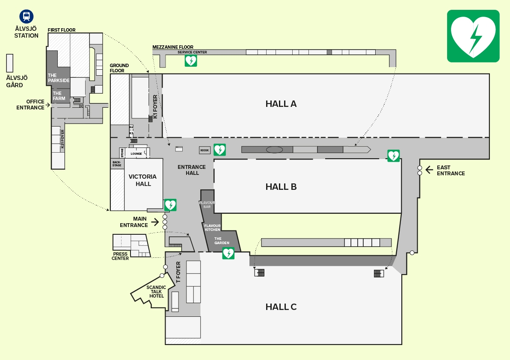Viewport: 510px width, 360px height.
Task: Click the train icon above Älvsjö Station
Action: [x=27, y=16]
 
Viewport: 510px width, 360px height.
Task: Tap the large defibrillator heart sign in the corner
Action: [x=473, y=36]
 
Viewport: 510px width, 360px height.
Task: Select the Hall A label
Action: [x=281, y=103]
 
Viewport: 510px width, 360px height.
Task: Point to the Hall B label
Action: [x=281, y=187]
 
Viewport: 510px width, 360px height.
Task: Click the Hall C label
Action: [x=281, y=307]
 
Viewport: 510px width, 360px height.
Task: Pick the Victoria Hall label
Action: [x=143, y=180]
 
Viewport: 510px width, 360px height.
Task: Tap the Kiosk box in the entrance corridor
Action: [x=205, y=150]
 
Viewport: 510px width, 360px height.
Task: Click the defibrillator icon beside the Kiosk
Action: [x=219, y=150]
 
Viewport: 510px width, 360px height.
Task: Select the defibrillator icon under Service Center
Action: [x=191, y=60]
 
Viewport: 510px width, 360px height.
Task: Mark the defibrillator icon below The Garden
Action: [x=228, y=253]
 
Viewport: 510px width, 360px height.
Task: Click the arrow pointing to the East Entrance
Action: [x=429, y=170]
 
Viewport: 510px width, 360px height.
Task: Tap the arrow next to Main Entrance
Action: [x=155, y=222]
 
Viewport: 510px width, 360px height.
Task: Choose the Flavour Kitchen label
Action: [x=212, y=227]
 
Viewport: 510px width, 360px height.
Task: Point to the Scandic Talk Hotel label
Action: [x=156, y=292]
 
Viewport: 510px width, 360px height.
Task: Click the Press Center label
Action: [x=120, y=256]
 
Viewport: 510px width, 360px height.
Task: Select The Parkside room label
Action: [x=59, y=78]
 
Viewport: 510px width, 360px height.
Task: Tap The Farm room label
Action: [x=59, y=96]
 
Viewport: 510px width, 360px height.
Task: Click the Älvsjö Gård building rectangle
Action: [x=10, y=63]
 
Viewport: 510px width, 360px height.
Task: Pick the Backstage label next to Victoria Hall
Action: [x=117, y=164]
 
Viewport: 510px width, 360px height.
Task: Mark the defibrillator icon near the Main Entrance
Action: [x=170, y=205]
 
